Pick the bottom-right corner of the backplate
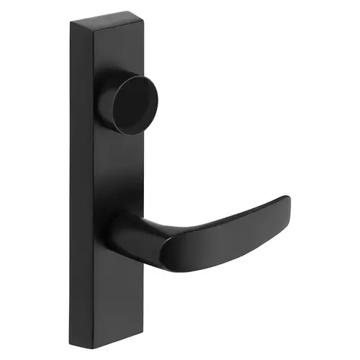[x=143, y=339]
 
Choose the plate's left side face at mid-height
[x=81, y=180]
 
